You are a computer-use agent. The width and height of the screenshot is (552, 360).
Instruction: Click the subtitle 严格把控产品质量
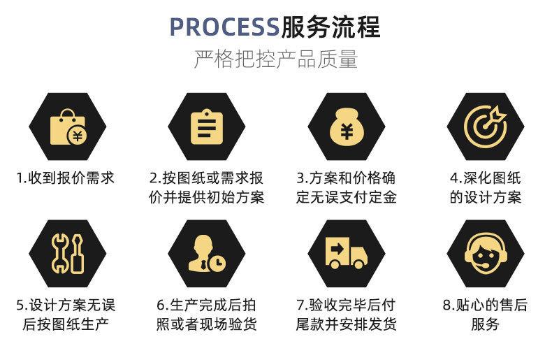point(275,59)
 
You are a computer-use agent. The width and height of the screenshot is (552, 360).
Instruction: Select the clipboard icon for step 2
point(206,127)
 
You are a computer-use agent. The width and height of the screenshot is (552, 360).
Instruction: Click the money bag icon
point(346,127)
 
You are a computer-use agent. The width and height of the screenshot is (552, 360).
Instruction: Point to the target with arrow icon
point(485,126)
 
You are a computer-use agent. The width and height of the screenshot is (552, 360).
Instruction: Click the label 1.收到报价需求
point(66,178)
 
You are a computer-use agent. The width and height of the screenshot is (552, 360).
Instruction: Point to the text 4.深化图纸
point(485,178)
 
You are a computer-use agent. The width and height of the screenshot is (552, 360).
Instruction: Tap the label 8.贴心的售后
point(485,305)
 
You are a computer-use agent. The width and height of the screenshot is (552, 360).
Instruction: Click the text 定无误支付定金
point(346,198)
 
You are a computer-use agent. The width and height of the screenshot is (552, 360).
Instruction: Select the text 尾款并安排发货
point(346,324)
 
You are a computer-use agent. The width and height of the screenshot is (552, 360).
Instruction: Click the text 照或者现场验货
point(206,324)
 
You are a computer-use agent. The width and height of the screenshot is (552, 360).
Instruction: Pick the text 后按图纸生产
point(66,324)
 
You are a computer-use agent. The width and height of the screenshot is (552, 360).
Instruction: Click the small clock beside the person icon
point(219,261)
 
